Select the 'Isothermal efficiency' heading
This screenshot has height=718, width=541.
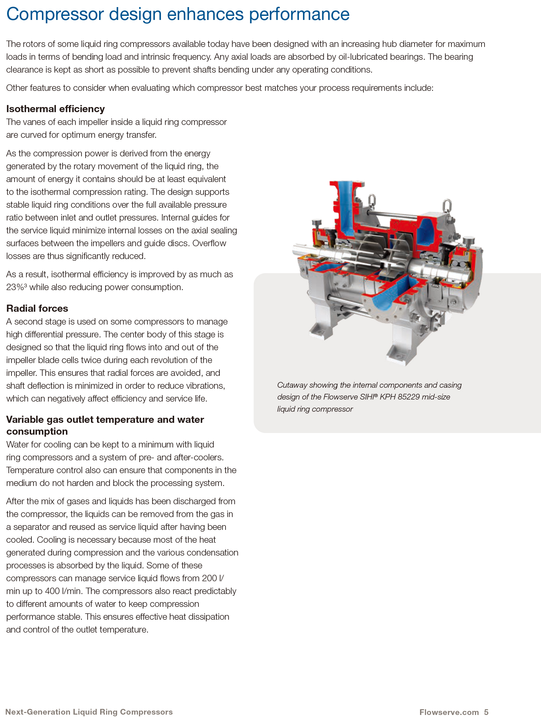(x=55, y=109)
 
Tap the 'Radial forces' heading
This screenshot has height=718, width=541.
(x=37, y=308)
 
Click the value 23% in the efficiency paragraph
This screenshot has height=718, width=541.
(x=15, y=287)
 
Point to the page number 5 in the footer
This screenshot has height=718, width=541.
(x=486, y=712)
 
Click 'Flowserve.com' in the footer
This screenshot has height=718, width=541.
(x=449, y=712)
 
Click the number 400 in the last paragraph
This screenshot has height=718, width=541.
(x=52, y=591)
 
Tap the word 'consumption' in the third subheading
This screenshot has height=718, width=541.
(x=37, y=431)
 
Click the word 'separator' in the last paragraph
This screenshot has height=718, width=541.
(x=37, y=527)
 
